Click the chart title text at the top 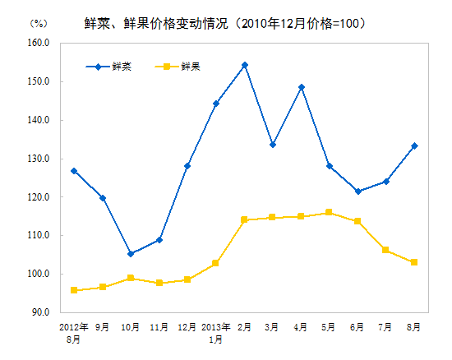click(225, 23)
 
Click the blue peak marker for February click(244, 65)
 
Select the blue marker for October click(131, 254)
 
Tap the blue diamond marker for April click(301, 87)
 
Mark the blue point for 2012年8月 click(74, 171)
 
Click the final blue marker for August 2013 click(414, 146)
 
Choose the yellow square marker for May click(329, 212)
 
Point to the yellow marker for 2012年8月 click(74, 290)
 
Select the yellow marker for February click(244, 219)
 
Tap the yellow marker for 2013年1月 click(215, 263)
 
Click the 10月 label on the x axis click(131, 327)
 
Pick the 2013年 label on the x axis click(215, 327)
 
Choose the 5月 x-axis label click(329, 327)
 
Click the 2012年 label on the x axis click(74, 327)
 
